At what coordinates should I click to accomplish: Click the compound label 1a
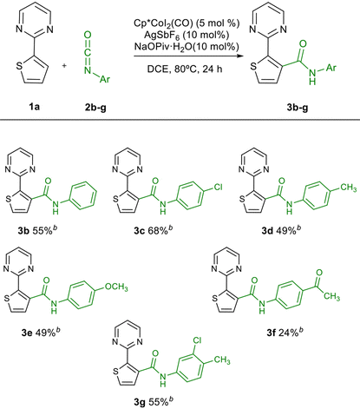(x=34, y=107)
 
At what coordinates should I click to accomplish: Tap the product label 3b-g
(x=298, y=108)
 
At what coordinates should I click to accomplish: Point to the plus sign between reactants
(x=64, y=66)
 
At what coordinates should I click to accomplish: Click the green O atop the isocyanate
(x=88, y=36)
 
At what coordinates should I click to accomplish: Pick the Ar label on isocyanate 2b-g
(x=105, y=79)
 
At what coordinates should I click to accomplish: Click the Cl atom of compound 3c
(x=218, y=188)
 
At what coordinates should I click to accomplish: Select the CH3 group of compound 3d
(x=349, y=188)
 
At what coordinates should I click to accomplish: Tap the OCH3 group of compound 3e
(x=116, y=287)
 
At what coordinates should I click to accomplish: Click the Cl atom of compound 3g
(x=197, y=340)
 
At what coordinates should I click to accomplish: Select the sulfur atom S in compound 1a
(x=19, y=66)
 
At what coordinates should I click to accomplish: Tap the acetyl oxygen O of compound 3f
(x=319, y=273)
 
